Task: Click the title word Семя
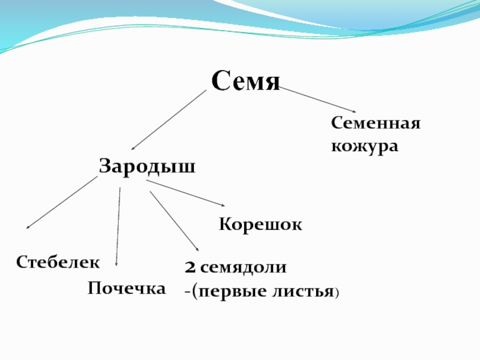(245, 81)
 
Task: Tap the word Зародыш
(147, 166)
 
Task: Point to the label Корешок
(260, 225)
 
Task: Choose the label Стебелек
(58, 262)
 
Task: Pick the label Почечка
(127, 289)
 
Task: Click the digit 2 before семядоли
(190, 268)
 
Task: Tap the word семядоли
(243, 268)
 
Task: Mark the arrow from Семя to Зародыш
(169, 120)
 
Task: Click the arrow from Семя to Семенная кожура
(318, 100)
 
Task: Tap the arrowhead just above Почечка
(117, 263)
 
